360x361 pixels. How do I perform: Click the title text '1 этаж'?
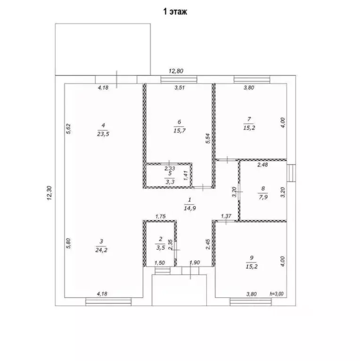pyautogui.click(x=175, y=11)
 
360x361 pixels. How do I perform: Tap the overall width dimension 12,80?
pyautogui.click(x=176, y=71)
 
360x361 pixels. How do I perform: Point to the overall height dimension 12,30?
pyautogui.click(x=49, y=193)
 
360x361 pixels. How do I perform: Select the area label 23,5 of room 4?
pyautogui.click(x=103, y=134)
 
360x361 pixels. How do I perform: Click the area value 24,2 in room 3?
pyautogui.click(x=101, y=250)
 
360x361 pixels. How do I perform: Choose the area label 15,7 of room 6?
pyautogui.click(x=180, y=131)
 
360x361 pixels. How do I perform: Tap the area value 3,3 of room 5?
pyautogui.click(x=170, y=182)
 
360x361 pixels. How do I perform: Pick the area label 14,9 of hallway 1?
pyautogui.click(x=190, y=209)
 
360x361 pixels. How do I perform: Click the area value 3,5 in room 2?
pyautogui.click(x=160, y=248)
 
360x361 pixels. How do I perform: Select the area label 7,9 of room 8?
pyautogui.click(x=263, y=197)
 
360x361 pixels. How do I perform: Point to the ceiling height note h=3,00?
pyautogui.click(x=277, y=294)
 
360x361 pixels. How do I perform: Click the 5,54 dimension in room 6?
pyautogui.click(x=208, y=138)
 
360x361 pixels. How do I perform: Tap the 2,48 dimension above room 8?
pyautogui.click(x=262, y=165)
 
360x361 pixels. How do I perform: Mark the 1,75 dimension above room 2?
pyautogui.click(x=160, y=217)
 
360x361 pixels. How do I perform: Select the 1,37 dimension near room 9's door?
pyautogui.click(x=226, y=216)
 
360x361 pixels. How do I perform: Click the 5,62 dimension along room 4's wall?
pyautogui.click(x=68, y=129)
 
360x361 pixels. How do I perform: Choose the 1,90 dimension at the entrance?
pyautogui.click(x=195, y=263)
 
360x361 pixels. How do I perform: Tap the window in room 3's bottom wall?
pyautogui.click(x=108, y=302)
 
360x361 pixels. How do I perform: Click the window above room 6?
pyautogui.click(x=179, y=80)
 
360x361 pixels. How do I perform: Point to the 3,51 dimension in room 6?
pyautogui.click(x=180, y=88)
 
